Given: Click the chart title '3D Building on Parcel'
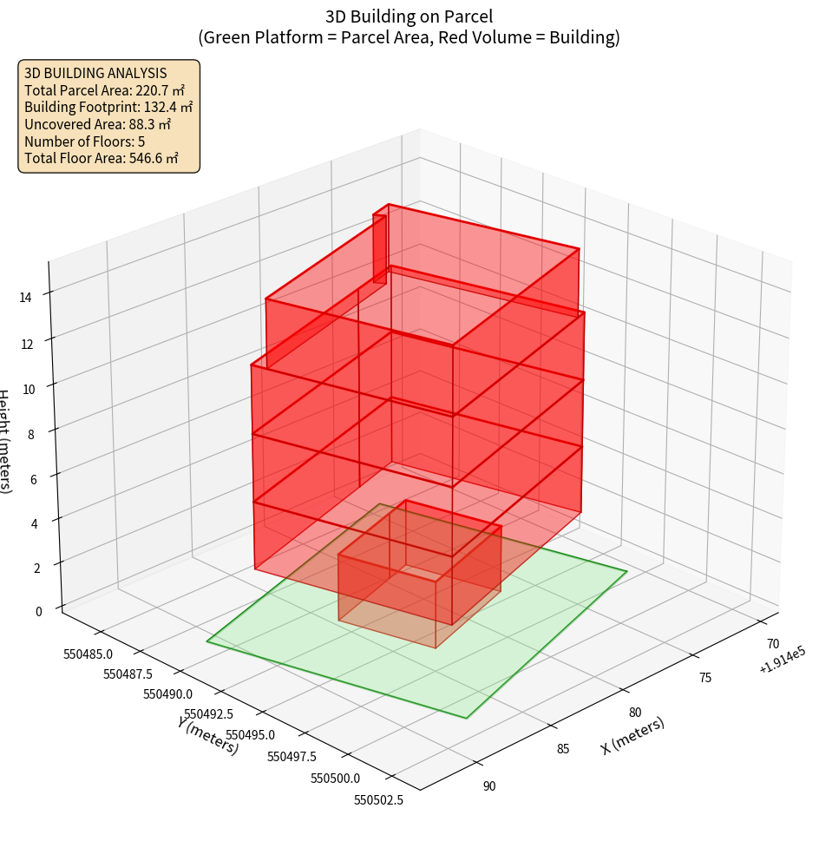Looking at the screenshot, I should pos(409,16).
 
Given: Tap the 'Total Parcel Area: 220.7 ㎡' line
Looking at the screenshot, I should pos(104,89).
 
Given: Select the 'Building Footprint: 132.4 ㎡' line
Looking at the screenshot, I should pos(108,107).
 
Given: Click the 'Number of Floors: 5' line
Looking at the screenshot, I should pos(84,141).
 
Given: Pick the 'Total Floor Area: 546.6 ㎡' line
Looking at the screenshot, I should pos(102,158).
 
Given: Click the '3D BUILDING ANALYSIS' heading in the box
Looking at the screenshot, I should pos(95,73).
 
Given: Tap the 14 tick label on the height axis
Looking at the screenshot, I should pos(25,298).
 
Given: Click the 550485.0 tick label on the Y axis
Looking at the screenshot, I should pos(95,654).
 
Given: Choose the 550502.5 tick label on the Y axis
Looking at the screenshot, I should pos(378,800).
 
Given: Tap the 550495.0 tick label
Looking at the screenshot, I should pos(247,734).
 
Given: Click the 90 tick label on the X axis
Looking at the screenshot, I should pos(489,786).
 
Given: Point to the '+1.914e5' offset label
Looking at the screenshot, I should pos(782,665).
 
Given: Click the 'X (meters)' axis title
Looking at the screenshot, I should pos(632,735).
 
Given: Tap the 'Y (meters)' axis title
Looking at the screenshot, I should pos(208,734).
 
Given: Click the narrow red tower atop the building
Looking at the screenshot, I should pos(380,247).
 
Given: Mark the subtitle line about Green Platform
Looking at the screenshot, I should pos(409,37).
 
